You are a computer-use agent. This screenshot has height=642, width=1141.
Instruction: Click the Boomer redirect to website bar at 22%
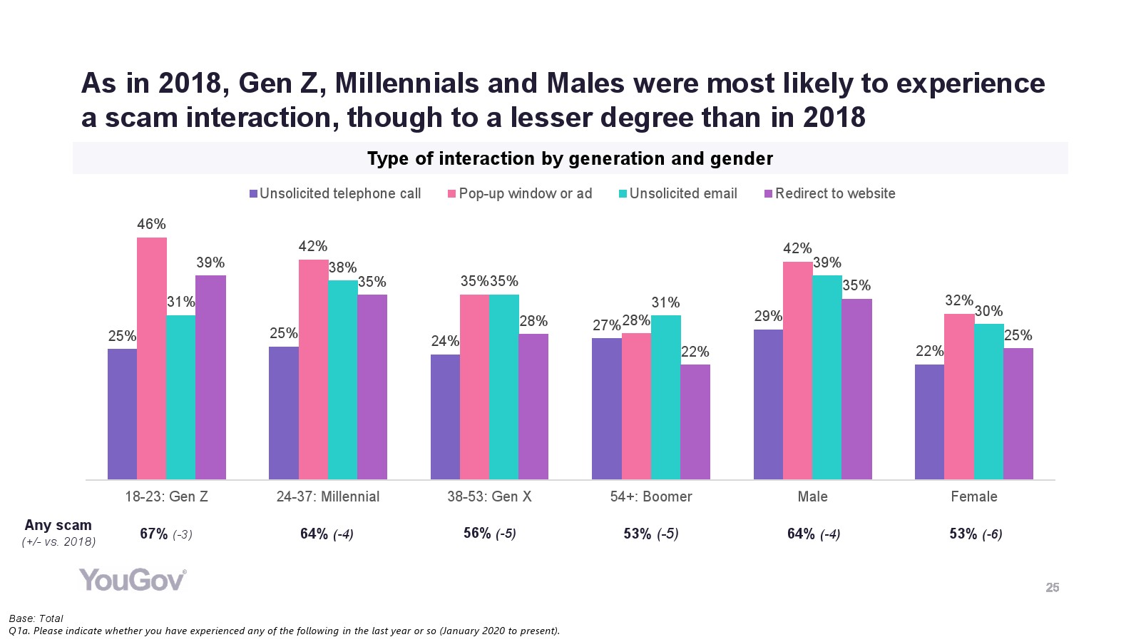click(695, 422)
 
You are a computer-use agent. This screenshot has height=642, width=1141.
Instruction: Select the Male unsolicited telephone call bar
click(768, 404)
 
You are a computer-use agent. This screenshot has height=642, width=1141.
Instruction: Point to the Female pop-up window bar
click(959, 396)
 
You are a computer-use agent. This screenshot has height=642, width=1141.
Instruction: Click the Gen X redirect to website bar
click(533, 406)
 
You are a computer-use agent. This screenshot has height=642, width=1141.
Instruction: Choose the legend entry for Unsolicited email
click(678, 193)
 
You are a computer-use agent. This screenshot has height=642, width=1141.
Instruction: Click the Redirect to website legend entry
click(830, 193)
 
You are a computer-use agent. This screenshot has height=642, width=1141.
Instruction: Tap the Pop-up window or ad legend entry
click(520, 193)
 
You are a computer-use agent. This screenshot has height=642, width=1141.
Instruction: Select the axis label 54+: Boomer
click(651, 496)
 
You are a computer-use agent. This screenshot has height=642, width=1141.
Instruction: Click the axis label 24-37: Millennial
click(328, 496)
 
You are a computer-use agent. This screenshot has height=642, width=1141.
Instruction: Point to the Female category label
click(974, 496)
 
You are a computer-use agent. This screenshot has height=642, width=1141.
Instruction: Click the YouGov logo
click(133, 580)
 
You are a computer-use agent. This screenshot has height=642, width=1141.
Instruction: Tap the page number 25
click(1053, 588)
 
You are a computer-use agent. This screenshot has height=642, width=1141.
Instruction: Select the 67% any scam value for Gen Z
click(154, 534)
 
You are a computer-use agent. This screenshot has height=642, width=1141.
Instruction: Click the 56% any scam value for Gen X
click(477, 533)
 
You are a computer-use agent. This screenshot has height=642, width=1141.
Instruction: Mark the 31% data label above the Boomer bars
click(665, 302)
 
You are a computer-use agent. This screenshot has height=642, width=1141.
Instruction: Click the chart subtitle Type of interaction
click(570, 158)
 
